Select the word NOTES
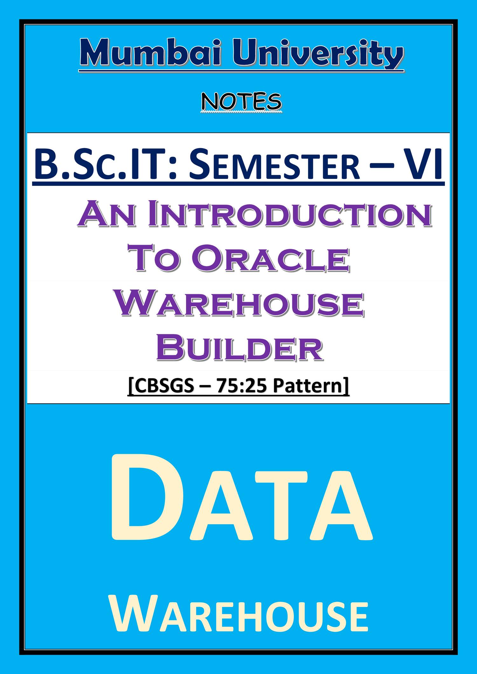point(241,102)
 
